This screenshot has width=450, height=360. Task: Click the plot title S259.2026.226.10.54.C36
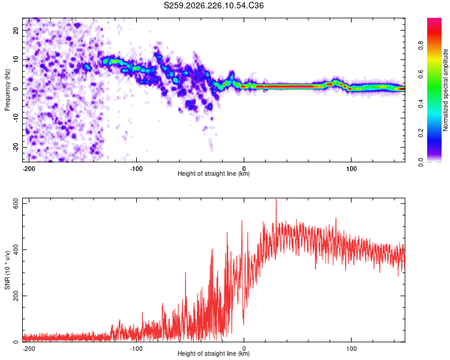214,5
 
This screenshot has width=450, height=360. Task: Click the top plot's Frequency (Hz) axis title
7,90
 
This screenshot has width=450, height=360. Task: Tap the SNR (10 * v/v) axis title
7,270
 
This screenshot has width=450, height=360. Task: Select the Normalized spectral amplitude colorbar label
445,90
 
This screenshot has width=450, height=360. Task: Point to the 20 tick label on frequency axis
16,30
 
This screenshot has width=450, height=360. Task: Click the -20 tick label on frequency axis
16,147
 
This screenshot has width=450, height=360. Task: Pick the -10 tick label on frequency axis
16,118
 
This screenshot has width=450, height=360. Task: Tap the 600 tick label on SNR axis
16,203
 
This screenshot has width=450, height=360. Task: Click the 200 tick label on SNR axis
16,296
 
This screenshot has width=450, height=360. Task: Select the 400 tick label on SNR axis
16,250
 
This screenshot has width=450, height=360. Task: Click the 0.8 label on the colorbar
421,46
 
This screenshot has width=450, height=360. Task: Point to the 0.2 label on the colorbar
421,133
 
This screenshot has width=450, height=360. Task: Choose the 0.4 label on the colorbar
421,104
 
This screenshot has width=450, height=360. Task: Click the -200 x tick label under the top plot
28,169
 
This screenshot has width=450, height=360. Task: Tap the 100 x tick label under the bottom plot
351,349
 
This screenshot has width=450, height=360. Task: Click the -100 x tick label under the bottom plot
136,349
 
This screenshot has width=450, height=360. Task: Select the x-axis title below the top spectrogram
214,173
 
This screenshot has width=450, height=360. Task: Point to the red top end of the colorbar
434,19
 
